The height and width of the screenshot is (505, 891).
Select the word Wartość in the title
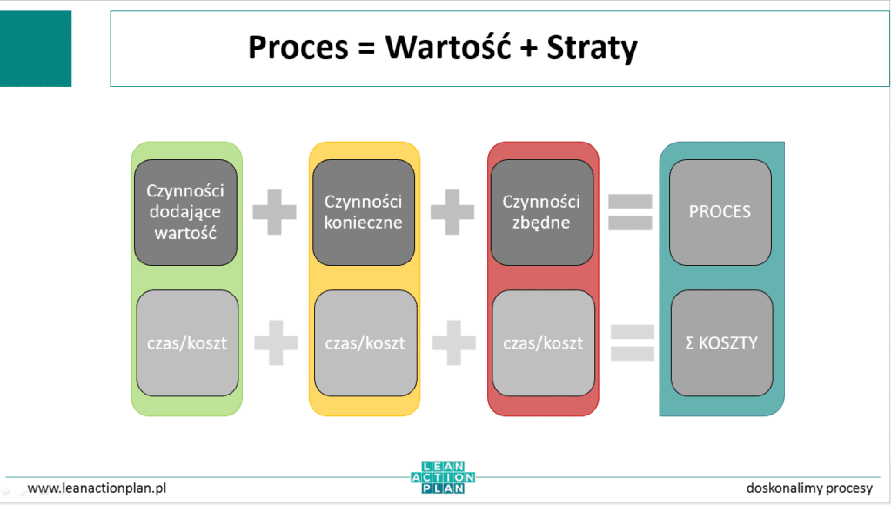coord(441,47)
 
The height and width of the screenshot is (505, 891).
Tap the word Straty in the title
coord(592,47)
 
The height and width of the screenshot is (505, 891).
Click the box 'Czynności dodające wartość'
coord(185,211)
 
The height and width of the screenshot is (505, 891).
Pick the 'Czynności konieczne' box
coord(364,211)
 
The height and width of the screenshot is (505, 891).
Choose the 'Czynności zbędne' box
coord(541,211)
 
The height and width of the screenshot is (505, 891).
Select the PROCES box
coord(720,211)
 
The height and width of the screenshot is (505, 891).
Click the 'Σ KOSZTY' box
coord(721,342)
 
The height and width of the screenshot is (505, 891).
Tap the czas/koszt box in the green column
coord(187,342)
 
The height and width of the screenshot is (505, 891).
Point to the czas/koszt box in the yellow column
coord(365,342)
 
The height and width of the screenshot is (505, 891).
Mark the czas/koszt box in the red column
coord(543,342)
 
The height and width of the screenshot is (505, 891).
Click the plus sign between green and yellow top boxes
coord(274,212)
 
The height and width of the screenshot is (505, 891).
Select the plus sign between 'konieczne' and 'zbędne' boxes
coord(452,212)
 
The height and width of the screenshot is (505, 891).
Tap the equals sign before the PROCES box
coord(630,212)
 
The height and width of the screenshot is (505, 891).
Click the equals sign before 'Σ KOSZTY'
coord(632,342)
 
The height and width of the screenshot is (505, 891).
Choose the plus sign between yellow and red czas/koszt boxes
coord(453,342)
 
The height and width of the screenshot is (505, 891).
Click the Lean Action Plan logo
coord(443,477)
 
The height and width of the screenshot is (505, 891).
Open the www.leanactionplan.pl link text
coord(97,488)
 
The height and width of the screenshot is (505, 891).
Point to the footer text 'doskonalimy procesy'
coord(809,488)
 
